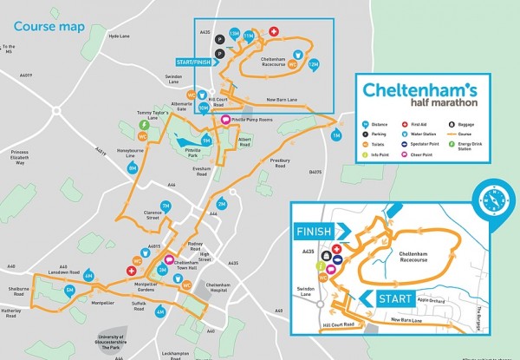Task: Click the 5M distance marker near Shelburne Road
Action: point(65,291)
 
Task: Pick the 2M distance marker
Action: point(221,203)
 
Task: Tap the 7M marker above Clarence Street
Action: point(166,206)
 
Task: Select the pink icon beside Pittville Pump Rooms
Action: point(225,120)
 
